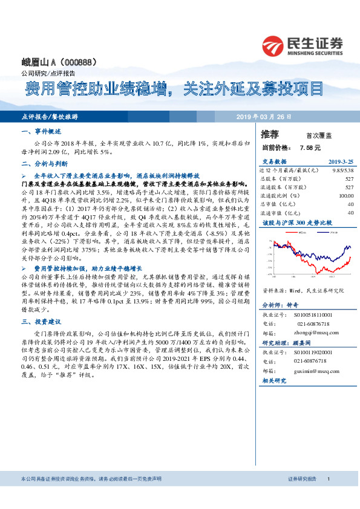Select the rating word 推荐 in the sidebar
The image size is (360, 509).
(270, 134)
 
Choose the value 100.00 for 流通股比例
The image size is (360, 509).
(345, 195)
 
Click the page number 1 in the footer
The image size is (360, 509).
(328, 479)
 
